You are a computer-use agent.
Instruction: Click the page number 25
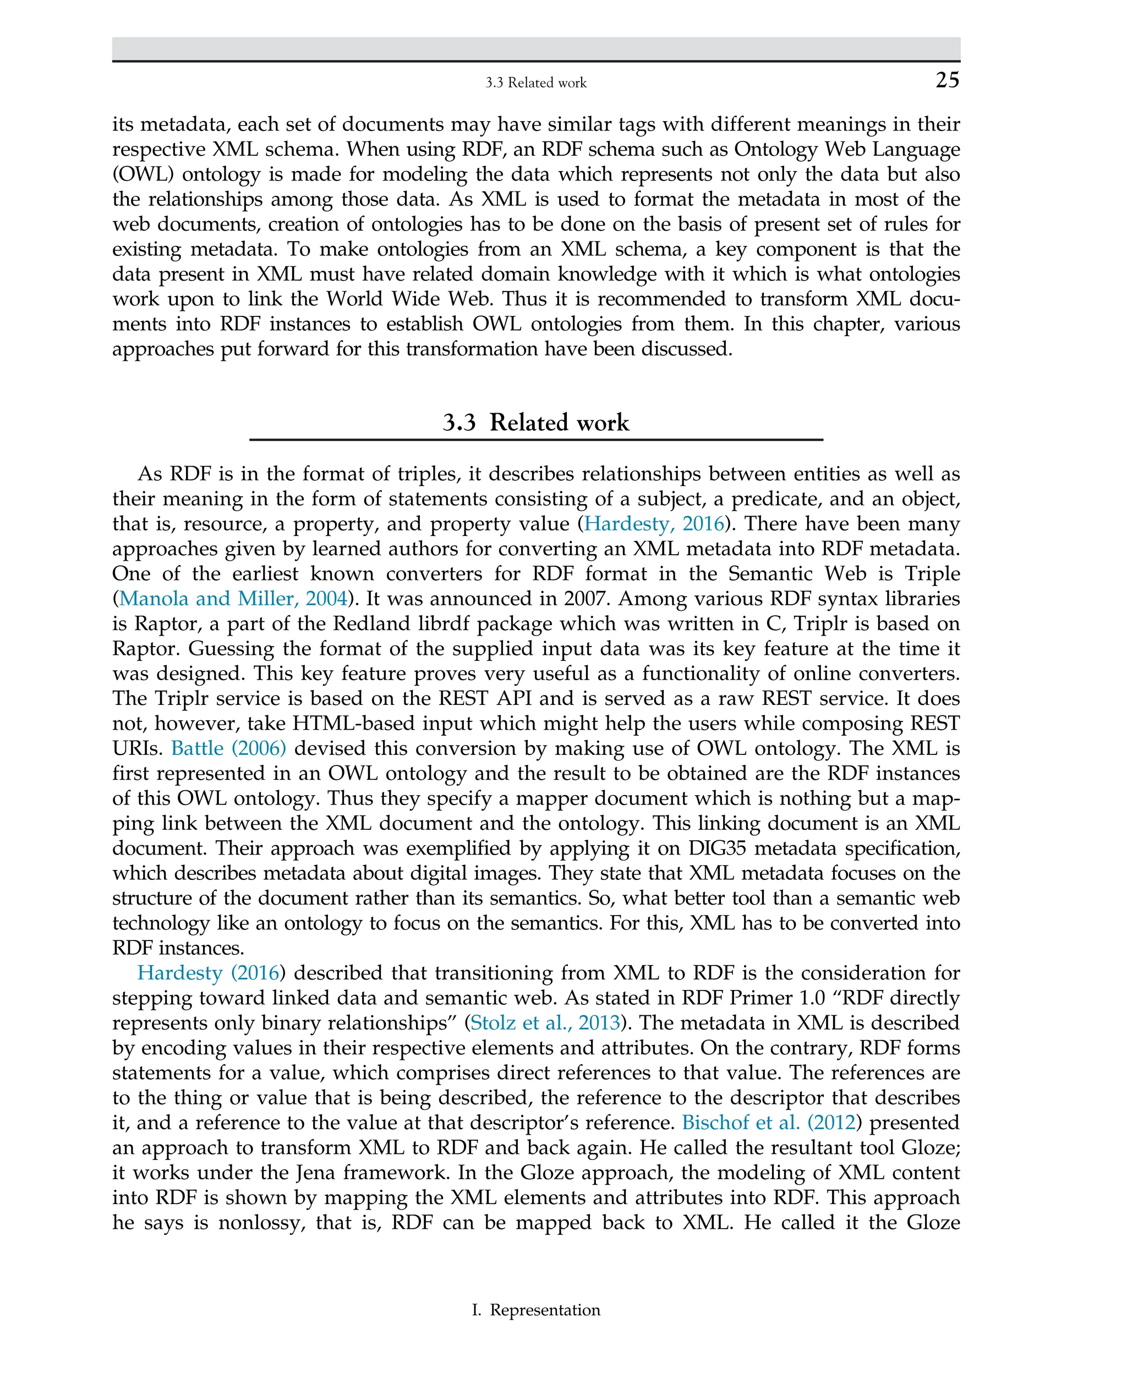[947, 80]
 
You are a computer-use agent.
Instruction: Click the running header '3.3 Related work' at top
[535, 83]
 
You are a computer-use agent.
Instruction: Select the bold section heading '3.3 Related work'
[535, 423]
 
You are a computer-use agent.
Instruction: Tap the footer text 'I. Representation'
[535, 1310]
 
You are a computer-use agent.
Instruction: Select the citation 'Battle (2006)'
[228, 748]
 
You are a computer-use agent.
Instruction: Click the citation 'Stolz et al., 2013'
[545, 1022]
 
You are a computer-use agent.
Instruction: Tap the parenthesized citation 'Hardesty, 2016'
[654, 523]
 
